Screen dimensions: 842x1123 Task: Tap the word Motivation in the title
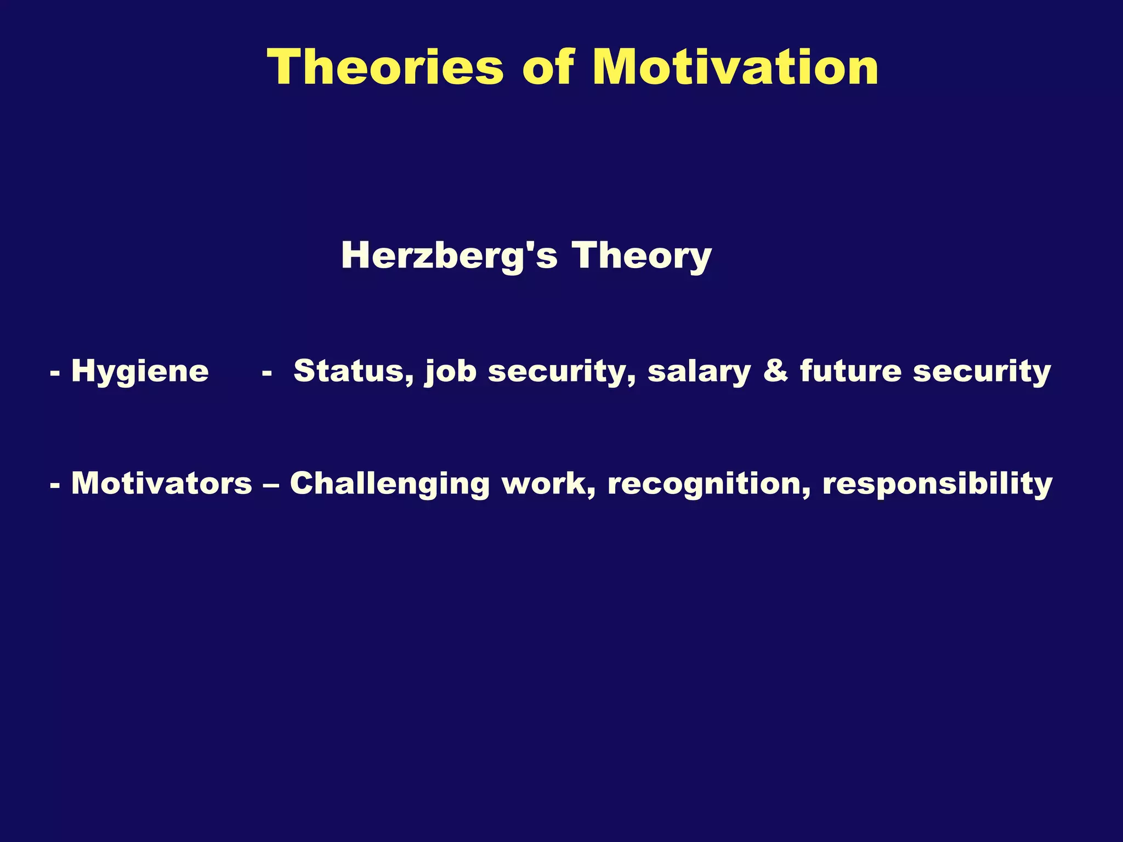pos(735,67)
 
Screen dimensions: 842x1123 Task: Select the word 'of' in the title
pos(548,67)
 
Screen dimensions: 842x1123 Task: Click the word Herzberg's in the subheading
pos(449,257)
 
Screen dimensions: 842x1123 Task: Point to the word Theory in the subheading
pos(641,257)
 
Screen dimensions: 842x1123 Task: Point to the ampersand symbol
pos(775,371)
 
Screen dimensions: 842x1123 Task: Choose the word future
pos(850,371)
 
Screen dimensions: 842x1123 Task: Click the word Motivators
pos(162,483)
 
